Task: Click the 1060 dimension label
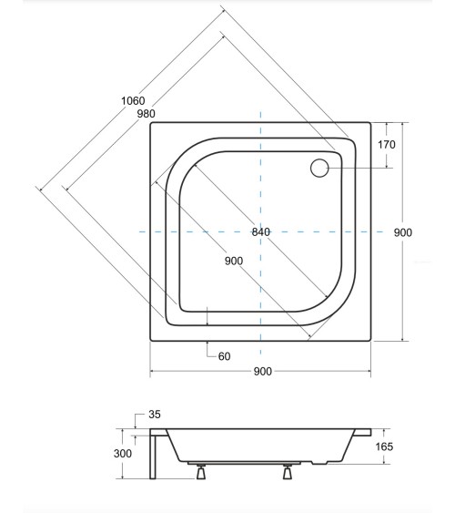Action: [x=132, y=100]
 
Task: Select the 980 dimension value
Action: [x=146, y=114]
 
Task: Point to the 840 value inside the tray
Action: [x=261, y=232]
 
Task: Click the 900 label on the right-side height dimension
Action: [x=403, y=232]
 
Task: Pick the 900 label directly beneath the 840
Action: [x=233, y=261]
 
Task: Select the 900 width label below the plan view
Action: [x=262, y=372]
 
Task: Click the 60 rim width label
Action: [x=224, y=356]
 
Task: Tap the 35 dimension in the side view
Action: [x=154, y=416]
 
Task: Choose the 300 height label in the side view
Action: [x=124, y=452]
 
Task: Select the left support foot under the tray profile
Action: [x=197, y=472]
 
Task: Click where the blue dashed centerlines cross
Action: [x=261, y=232]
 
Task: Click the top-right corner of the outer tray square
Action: [x=371, y=122]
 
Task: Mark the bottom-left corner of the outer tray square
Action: [x=150, y=342]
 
